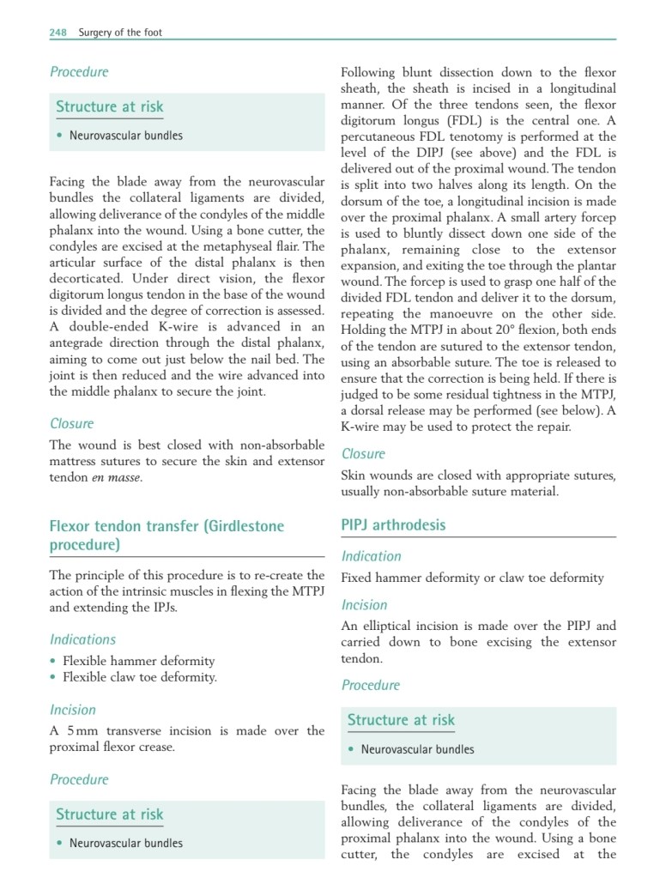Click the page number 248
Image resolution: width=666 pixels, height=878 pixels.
coord(58,33)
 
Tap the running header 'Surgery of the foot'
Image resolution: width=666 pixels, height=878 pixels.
coord(120,33)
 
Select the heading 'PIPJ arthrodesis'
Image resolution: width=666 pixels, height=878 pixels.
coord(393,524)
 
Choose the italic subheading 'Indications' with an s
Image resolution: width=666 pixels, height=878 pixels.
coord(82,639)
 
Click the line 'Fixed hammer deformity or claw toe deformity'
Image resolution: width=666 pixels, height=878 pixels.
coord(473,578)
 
